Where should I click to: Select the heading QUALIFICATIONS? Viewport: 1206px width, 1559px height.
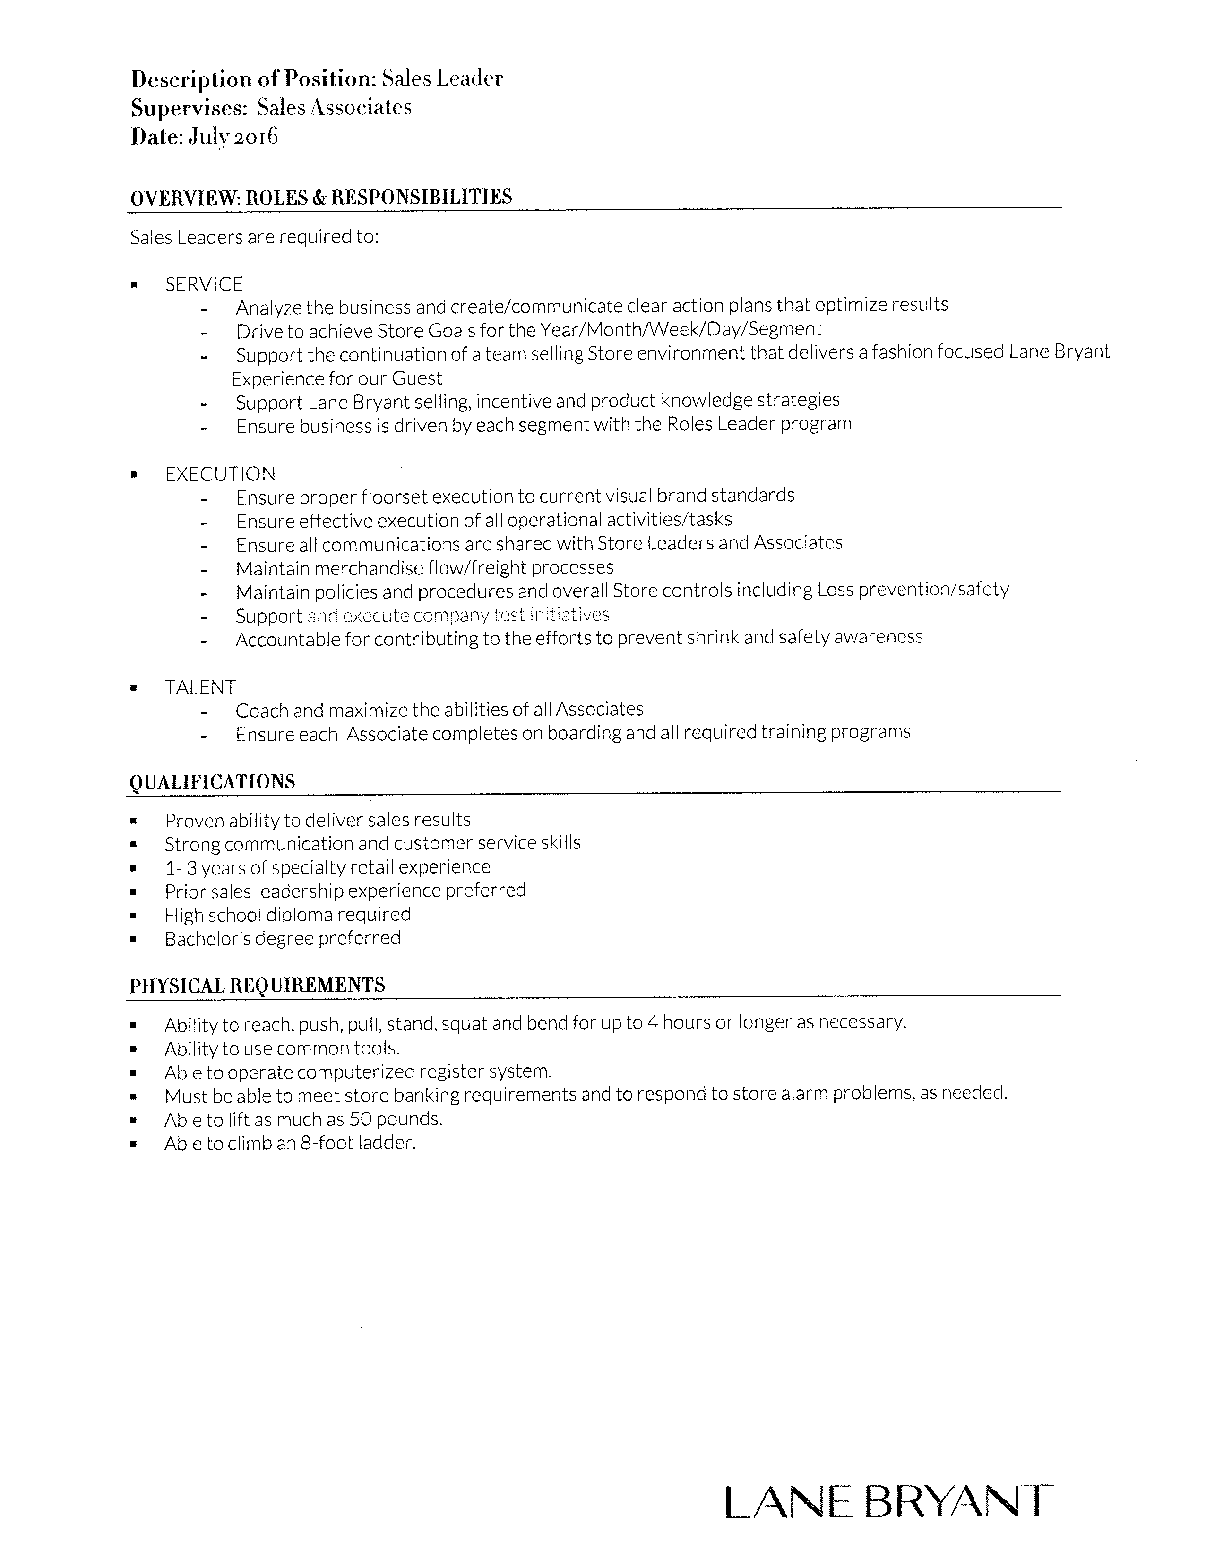(x=212, y=782)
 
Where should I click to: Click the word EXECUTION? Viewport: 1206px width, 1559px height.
(x=220, y=474)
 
